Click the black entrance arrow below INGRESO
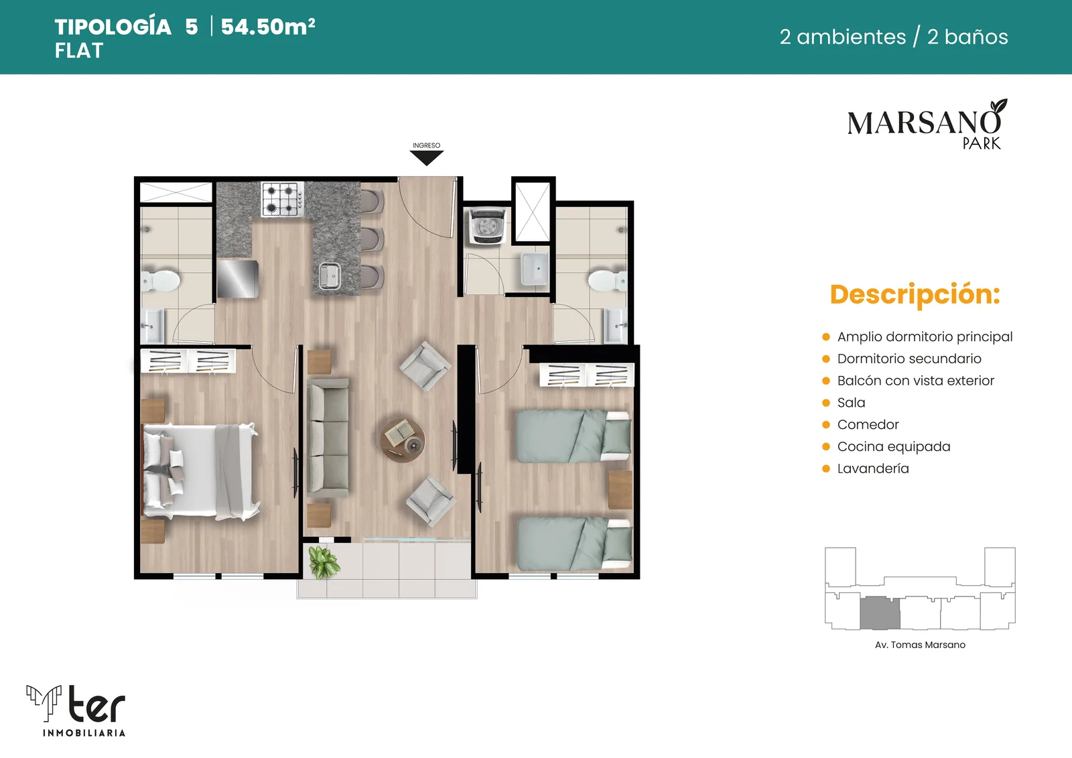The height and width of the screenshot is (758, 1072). (426, 157)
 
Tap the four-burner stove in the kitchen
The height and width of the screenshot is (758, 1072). (282, 199)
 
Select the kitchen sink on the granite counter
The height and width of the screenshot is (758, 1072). (330, 276)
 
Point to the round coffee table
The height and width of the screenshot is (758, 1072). (402, 440)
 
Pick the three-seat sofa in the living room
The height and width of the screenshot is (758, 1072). (328, 437)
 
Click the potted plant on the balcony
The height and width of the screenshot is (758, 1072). (324, 562)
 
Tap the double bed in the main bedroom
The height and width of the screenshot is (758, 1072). (200, 470)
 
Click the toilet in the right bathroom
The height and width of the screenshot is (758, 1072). (607, 281)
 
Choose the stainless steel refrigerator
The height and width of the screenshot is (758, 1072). (237, 279)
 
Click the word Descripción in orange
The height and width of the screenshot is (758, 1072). (915, 294)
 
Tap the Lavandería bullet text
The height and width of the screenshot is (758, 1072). (873, 468)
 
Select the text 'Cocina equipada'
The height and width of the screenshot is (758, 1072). (894, 447)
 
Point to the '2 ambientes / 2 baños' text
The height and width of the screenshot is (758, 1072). (894, 37)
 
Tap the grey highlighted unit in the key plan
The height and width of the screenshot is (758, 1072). (880, 613)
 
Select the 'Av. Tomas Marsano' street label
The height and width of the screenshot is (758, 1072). (920, 645)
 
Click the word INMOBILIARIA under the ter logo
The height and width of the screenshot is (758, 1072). (84, 733)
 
